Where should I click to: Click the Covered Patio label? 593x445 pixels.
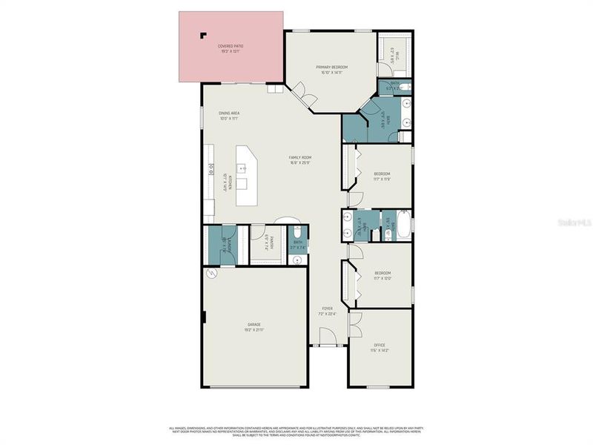[x=231, y=46]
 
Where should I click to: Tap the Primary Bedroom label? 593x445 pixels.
[x=331, y=67]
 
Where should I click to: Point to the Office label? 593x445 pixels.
[x=379, y=345]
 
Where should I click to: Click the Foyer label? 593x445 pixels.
[x=327, y=308]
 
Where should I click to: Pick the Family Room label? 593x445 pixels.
[x=300, y=157]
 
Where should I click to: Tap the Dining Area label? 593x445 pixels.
[x=229, y=113]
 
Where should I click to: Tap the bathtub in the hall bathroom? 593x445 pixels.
[x=403, y=225]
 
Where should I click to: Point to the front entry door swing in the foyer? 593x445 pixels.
[x=327, y=338]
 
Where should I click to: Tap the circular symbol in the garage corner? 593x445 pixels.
[x=211, y=274]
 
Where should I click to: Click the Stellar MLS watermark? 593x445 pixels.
[x=576, y=220]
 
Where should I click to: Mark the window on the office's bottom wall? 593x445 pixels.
[x=379, y=386]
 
